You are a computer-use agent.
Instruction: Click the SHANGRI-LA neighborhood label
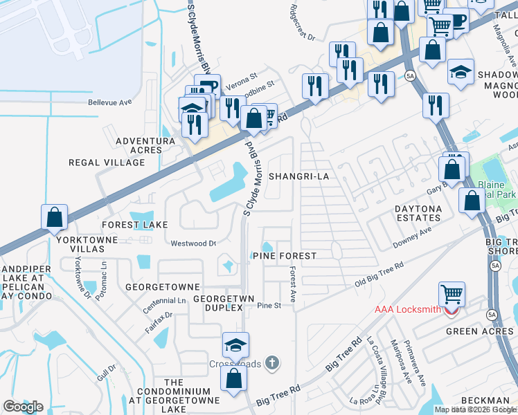(298, 176)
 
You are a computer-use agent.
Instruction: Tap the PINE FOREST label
(284, 256)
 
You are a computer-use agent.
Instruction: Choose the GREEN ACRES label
(479, 331)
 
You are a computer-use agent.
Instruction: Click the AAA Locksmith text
(407, 309)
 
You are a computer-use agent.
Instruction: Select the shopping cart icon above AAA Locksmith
(452, 294)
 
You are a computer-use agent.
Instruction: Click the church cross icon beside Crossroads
(273, 362)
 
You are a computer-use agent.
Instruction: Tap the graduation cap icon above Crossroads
(235, 344)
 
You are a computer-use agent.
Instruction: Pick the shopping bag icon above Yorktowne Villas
(54, 217)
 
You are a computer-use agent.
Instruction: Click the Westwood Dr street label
(193, 243)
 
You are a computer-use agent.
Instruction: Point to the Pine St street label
(269, 305)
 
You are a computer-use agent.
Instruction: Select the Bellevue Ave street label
(109, 102)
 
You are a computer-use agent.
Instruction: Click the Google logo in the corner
(23, 407)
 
